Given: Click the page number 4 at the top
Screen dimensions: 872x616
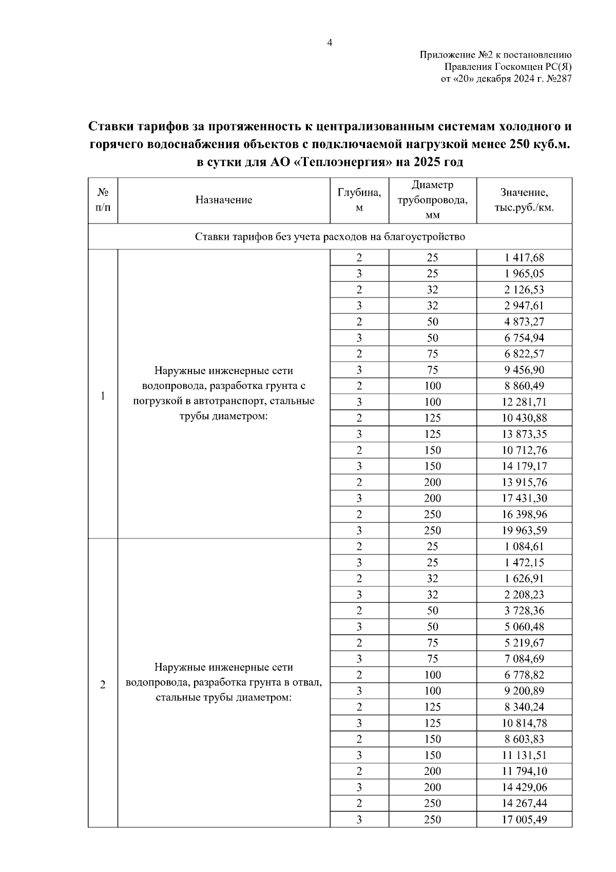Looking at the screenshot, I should point(330,43).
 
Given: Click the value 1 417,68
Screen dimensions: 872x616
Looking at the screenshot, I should point(524,257).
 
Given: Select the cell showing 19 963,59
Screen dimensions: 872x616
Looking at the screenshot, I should point(524,530).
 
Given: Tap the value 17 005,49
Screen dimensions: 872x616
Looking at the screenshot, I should point(524,820).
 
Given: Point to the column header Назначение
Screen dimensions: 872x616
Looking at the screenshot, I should point(223,200).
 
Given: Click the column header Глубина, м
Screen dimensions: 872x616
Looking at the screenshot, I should point(359,200).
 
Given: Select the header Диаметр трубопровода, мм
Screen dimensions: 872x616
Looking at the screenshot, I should point(432,200).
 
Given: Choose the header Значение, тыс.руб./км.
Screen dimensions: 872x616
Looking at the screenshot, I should point(524,200).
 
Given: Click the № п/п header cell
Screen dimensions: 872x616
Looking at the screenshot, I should point(103,200).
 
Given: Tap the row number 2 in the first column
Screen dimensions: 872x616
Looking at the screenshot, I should point(103,685).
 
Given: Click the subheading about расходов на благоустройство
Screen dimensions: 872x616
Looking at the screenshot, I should point(330,237).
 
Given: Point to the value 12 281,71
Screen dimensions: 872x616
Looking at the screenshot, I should point(524,402).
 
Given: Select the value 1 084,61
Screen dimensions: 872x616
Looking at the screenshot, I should point(524,546).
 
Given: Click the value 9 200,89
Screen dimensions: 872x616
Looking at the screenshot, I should point(524,691).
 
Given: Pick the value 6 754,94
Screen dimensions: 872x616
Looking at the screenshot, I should point(524,338).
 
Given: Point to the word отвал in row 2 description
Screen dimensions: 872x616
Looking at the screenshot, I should point(307,682).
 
